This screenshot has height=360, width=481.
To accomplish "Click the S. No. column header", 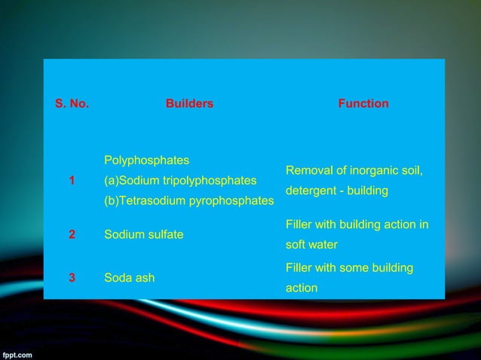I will (x=72, y=104).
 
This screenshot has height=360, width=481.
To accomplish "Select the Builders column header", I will (x=189, y=104).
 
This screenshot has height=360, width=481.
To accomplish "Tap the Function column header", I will (x=363, y=104).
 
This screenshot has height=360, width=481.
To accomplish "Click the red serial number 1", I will (x=72, y=181).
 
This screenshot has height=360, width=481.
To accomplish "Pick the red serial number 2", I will (x=72, y=234).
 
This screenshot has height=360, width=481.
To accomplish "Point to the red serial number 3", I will (x=72, y=277).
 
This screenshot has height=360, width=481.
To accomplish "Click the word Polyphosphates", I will (x=146, y=160).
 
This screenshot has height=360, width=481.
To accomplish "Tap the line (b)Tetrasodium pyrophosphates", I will (x=188, y=201).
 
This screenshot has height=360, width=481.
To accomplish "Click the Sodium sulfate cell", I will (x=143, y=234).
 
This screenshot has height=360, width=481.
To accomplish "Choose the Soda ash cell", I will (x=129, y=277).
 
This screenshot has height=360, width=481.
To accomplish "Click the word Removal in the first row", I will (x=307, y=171).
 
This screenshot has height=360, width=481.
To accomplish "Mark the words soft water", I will (x=312, y=246).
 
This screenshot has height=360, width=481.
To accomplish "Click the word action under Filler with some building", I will (x=302, y=288).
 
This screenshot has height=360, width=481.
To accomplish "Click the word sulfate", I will (x=165, y=234).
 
